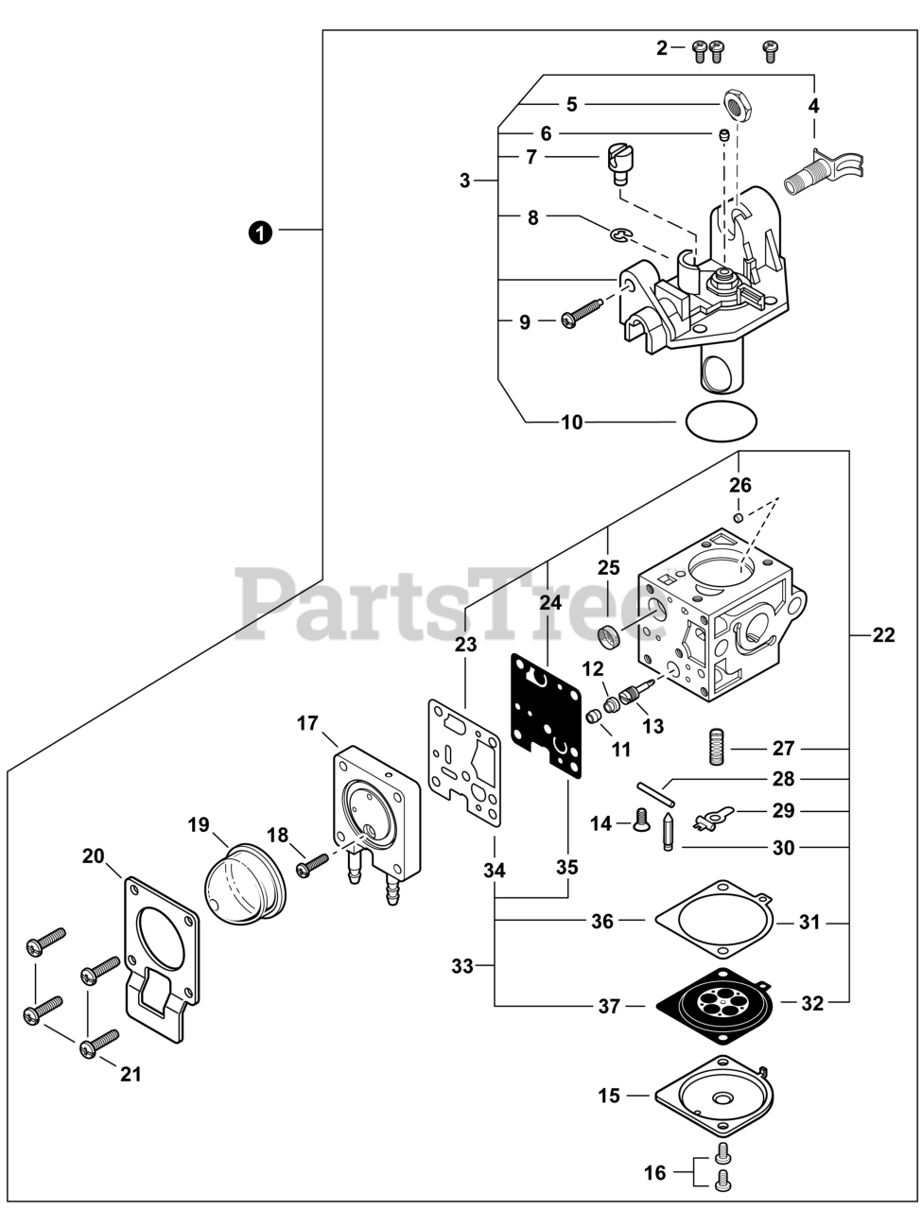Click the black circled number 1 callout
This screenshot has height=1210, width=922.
point(259,231)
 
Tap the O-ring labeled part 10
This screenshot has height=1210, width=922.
point(721,421)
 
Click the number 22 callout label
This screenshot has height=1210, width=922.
point(882,635)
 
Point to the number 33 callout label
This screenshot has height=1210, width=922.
point(462,966)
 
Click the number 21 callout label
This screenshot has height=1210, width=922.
point(130,1074)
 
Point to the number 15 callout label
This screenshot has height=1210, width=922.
point(609,1096)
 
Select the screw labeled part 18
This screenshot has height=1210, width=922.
point(311,865)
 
